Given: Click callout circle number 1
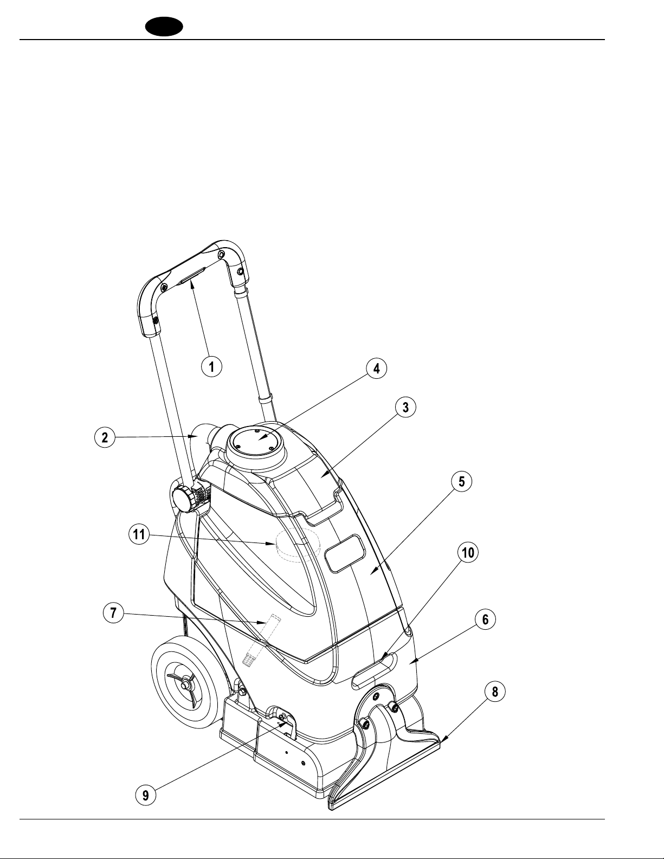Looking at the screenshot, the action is click(211, 366).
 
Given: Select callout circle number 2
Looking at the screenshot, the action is click(105, 437).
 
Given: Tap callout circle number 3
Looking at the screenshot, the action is click(405, 407).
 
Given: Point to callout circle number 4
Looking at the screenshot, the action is click(376, 368).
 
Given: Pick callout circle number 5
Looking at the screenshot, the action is click(462, 482).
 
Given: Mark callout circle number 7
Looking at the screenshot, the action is click(113, 613).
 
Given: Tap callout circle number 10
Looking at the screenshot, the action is click(468, 552).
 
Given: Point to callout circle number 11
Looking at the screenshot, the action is click(139, 535).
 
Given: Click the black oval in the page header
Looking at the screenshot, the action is click(164, 27).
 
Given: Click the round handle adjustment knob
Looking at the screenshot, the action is click(182, 499).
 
